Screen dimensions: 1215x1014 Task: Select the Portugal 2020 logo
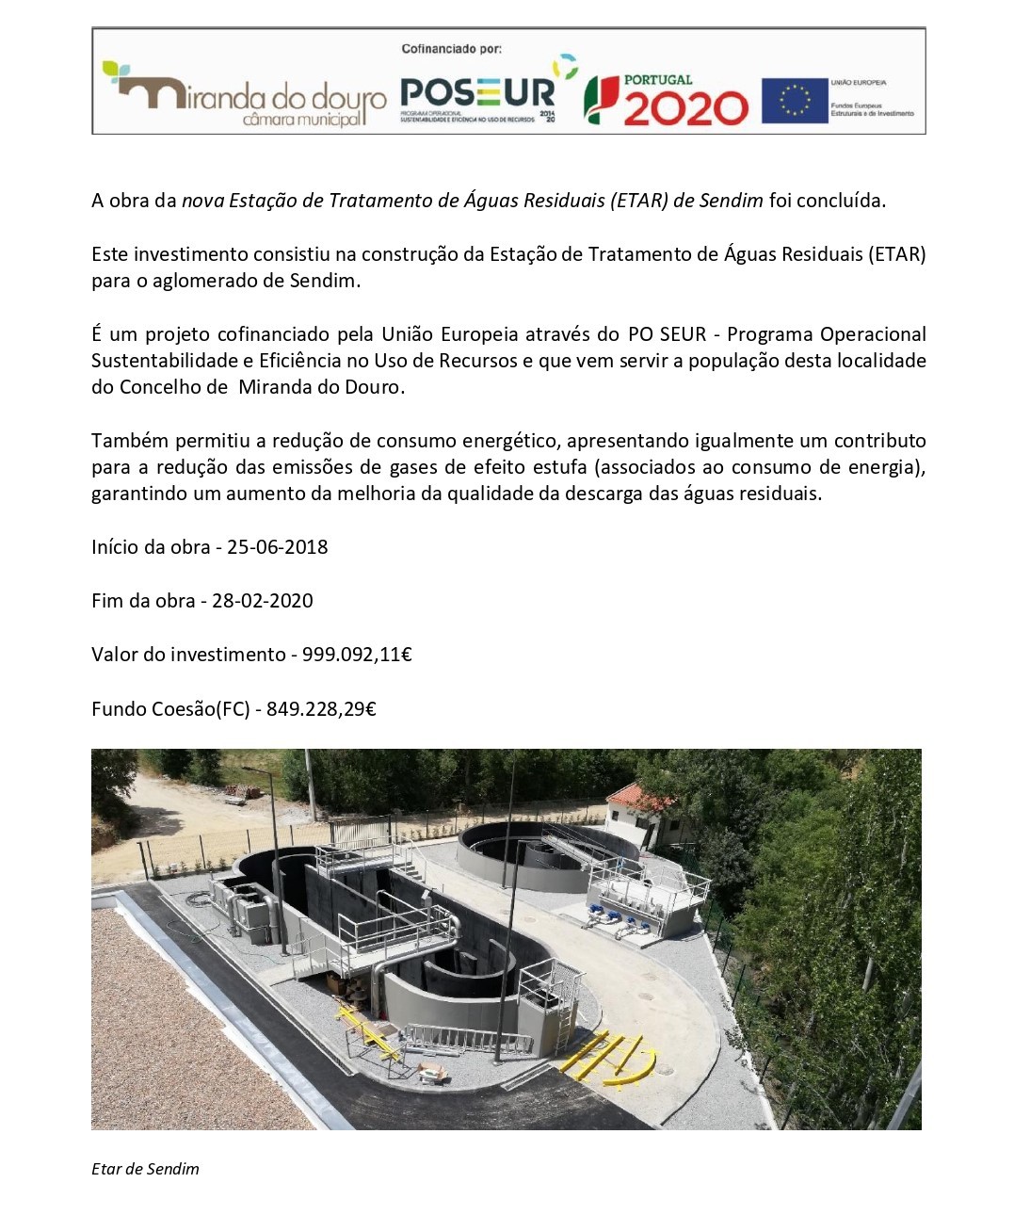(x=666, y=100)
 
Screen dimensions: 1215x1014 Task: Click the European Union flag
(x=794, y=101)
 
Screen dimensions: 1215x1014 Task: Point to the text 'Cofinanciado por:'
(x=452, y=49)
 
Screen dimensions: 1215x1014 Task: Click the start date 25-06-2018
(x=278, y=547)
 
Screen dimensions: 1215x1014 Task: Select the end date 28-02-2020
(x=263, y=601)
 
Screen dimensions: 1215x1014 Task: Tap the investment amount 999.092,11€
(x=357, y=655)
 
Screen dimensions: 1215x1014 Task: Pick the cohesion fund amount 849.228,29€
(x=321, y=709)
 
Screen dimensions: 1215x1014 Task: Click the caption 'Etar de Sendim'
(x=145, y=1169)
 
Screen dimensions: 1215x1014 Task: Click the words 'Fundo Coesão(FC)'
(x=170, y=709)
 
